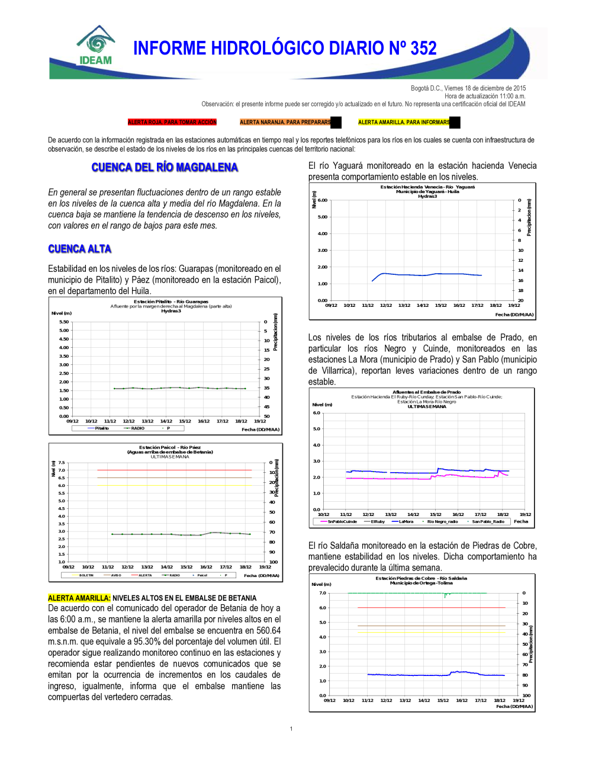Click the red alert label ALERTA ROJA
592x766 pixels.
coord(172,123)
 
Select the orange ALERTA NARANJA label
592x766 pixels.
coord(285,123)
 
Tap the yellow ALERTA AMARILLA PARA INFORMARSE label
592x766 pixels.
coord(404,123)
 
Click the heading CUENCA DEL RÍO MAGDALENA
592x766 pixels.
coord(165,168)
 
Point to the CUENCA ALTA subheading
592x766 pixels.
coord(80,249)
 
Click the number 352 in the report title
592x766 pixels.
coord(423,49)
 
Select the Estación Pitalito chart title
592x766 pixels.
coord(171,302)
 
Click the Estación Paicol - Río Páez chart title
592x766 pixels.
coord(170,447)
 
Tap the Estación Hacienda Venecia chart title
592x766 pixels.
coord(427,187)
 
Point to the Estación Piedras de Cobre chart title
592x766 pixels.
coord(421,578)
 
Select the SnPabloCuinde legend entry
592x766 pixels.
coord(342,522)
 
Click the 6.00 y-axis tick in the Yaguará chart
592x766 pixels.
coord(322,200)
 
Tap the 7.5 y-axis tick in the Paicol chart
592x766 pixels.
coord(62,463)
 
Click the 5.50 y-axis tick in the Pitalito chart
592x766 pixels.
coord(64,322)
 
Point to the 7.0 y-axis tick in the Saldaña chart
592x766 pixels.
coord(323,593)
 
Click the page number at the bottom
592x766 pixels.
coord(291,729)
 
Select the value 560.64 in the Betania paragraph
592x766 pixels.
coord(268,630)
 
